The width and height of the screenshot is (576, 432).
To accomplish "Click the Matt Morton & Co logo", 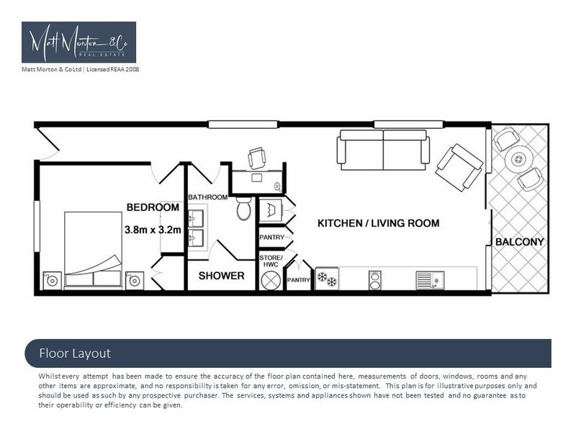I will pyautogui.click(x=78, y=42).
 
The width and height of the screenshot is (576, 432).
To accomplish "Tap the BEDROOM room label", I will pyautogui.click(x=153, y=207).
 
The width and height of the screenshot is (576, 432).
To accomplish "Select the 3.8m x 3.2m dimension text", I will pyautogui.click(x=152, y=230).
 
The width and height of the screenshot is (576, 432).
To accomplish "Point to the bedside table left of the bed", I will pyautogui.click(x=51, y=280).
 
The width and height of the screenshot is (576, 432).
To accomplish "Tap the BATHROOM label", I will pyautogui.click(x=207, y=197).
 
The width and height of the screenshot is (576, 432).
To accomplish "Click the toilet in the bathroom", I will pyautogui.click(x=243, y=209).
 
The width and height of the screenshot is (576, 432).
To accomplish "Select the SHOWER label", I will pyautogui.click(x=221, y=276).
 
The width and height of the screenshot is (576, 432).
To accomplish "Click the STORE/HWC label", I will pyautogui.click(x=271, y=261).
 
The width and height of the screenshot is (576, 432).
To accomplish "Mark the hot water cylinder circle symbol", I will pyautogui.click(x=271, y=280).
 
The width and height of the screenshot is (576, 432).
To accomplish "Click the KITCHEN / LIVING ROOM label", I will pyautogui.click(x=378, y=223).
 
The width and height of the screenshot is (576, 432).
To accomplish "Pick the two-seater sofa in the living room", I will pyautogui.click(x=383, y=149).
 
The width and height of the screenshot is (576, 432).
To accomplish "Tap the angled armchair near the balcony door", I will pyautogui.click(x=459, y=167).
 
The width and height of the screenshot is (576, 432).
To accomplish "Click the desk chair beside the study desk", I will pyautogui.click(x=257, y=158).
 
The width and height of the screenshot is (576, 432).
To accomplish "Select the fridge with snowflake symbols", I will pyautogui.click(x=327, y=279).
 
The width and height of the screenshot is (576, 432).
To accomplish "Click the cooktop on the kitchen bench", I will pyautogui.click(x=374, y=279).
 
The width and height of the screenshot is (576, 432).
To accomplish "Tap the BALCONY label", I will pyautogui.click(x=519, y=242).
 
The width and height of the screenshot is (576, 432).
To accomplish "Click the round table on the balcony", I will pyautogui.click(x=518, y=159).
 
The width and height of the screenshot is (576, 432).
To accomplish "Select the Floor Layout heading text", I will pyautogui.click(x=75, y=354).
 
